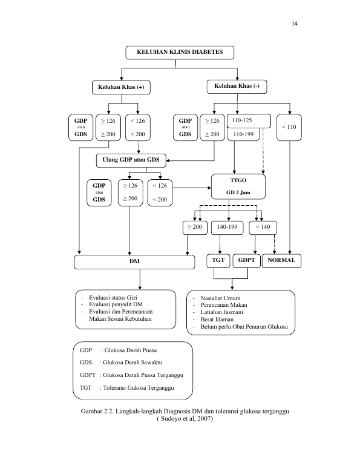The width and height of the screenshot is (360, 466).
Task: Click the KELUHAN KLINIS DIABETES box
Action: pos(180,53)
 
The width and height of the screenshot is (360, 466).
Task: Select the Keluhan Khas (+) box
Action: pos(121,87)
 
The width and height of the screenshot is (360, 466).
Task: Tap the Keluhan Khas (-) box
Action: pos(237,87)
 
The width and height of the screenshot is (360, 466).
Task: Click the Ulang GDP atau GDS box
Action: pos(131,160)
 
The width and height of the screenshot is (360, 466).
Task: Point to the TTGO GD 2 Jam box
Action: pos(238,186)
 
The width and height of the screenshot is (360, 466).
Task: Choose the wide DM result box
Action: pos(134,262)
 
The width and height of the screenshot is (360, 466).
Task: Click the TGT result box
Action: pos(218,261)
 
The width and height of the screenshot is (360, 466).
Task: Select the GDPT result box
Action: pos(246,261)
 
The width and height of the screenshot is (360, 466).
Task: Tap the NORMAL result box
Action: pos(281,261)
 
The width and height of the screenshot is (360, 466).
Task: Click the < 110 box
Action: pos(289,127)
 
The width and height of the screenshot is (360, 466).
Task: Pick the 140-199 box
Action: pos(227,228)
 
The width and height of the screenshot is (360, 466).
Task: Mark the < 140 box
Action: pos(263,228)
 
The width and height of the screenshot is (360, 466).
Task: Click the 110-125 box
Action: pos(249,121)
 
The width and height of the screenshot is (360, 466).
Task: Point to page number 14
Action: pos(295,24)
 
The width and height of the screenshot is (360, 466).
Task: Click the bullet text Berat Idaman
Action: pos(217,320)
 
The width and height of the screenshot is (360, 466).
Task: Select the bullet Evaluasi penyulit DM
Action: pos(116,304)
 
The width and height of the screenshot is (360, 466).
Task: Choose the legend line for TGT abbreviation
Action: pos(127,388)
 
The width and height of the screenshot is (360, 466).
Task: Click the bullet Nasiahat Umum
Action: pos(220,298)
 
